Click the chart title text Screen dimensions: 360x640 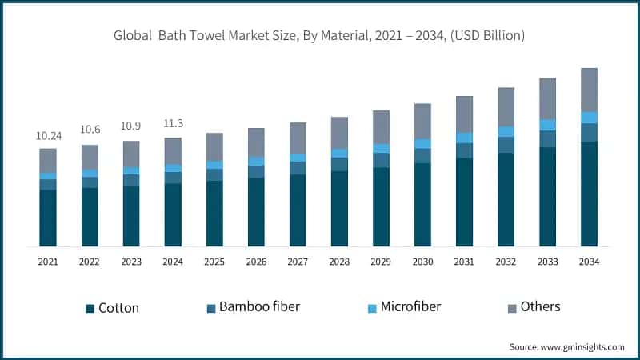coord(320,35)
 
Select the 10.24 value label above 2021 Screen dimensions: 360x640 coord(48,136)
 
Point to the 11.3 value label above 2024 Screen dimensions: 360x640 coord(173,123)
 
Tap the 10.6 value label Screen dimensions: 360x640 coord(90,130)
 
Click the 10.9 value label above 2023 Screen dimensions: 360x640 coord(131,127)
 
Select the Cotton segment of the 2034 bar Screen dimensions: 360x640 coord(589,194)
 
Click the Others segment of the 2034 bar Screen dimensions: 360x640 coord(589,90)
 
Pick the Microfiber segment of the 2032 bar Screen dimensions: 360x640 coord(506,132)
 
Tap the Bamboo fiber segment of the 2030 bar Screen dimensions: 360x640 coord(422,156)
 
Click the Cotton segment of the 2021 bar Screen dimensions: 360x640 coord(48,218)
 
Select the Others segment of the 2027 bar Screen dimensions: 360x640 coord(298,138)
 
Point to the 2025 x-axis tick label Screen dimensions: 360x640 coord(214,262)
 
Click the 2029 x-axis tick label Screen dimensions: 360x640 coord(381,262)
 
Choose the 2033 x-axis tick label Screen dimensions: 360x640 coord(547,262)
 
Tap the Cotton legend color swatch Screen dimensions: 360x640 coord(90,308)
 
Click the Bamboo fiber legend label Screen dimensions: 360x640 coord(259,306)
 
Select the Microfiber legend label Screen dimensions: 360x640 coord(410,306)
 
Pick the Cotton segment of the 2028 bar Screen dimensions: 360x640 coord(339,208)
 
